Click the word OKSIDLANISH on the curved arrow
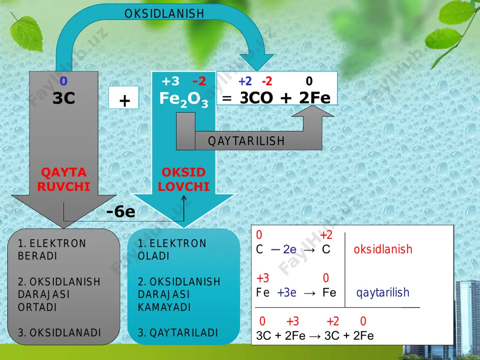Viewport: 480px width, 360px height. [164, 13]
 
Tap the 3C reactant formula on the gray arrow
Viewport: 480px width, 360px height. [64, 98]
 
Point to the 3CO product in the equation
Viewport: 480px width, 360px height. [256, 98]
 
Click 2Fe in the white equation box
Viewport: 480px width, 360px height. [315, 98]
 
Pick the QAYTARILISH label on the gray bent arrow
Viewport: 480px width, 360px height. [246, 141]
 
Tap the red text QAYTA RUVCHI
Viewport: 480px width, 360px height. [64, 180]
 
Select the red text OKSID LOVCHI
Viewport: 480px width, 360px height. [184, 180]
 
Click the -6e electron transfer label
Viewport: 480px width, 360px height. [120, 212]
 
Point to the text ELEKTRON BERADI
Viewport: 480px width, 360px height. [52, 250]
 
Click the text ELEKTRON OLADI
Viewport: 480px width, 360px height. [172, 250]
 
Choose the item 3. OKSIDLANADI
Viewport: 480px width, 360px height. [60, 333]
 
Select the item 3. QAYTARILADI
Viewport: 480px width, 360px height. [178, 333]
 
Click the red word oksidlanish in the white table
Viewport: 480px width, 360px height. [383, 249]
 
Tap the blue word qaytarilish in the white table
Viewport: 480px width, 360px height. [383, 293]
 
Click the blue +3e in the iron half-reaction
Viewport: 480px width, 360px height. [287, 293]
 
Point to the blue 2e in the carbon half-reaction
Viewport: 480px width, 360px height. [289, 250]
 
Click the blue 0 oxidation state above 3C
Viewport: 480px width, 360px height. [63, 81]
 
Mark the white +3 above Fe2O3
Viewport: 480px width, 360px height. [170, 81]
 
